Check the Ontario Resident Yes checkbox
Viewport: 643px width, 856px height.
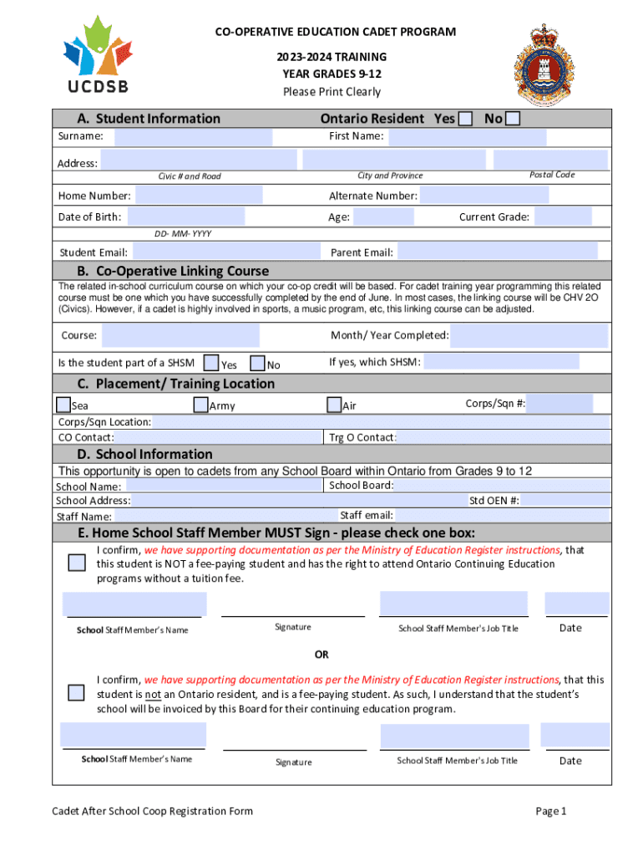(465, 119)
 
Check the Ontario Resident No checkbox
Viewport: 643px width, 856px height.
(513, 119)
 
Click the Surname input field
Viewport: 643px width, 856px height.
(193, 137)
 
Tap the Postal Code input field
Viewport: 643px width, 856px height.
(549, 159)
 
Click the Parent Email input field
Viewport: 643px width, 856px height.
(497, 252)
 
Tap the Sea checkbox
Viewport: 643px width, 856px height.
(63, 405)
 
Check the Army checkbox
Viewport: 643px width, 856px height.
(200, 405)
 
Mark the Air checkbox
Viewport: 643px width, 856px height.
(334, 405)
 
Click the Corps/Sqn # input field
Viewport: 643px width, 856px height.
(559, 404)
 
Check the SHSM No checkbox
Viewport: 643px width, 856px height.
(257, 364)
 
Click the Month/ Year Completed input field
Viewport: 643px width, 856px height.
(529, 336)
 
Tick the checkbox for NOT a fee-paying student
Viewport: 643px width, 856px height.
(77, 562)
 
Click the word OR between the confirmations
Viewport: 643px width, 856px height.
(321, 654)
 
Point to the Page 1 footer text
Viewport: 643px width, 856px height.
(551, 811)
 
